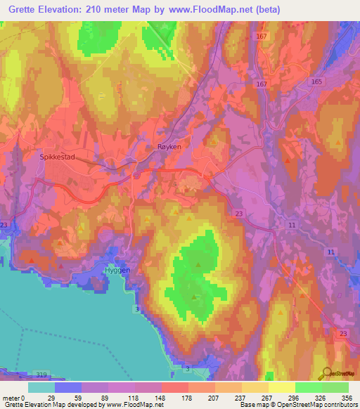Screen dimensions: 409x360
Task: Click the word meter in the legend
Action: tap(10, 398)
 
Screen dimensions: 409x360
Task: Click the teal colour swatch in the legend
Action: tap(41, 387)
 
